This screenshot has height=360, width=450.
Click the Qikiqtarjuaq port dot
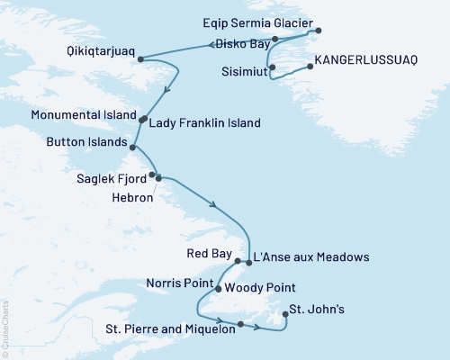(140, 59)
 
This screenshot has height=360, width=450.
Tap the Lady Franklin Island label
(206, 122)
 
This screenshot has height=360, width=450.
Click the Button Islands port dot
(133, 147)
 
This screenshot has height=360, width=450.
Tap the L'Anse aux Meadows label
(311, 257)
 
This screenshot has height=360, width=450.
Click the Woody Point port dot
(219, 289)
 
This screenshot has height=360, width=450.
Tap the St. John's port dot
(285, 314)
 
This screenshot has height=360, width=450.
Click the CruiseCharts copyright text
(4, 328)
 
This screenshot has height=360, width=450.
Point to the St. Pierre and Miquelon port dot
(240, 324)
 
